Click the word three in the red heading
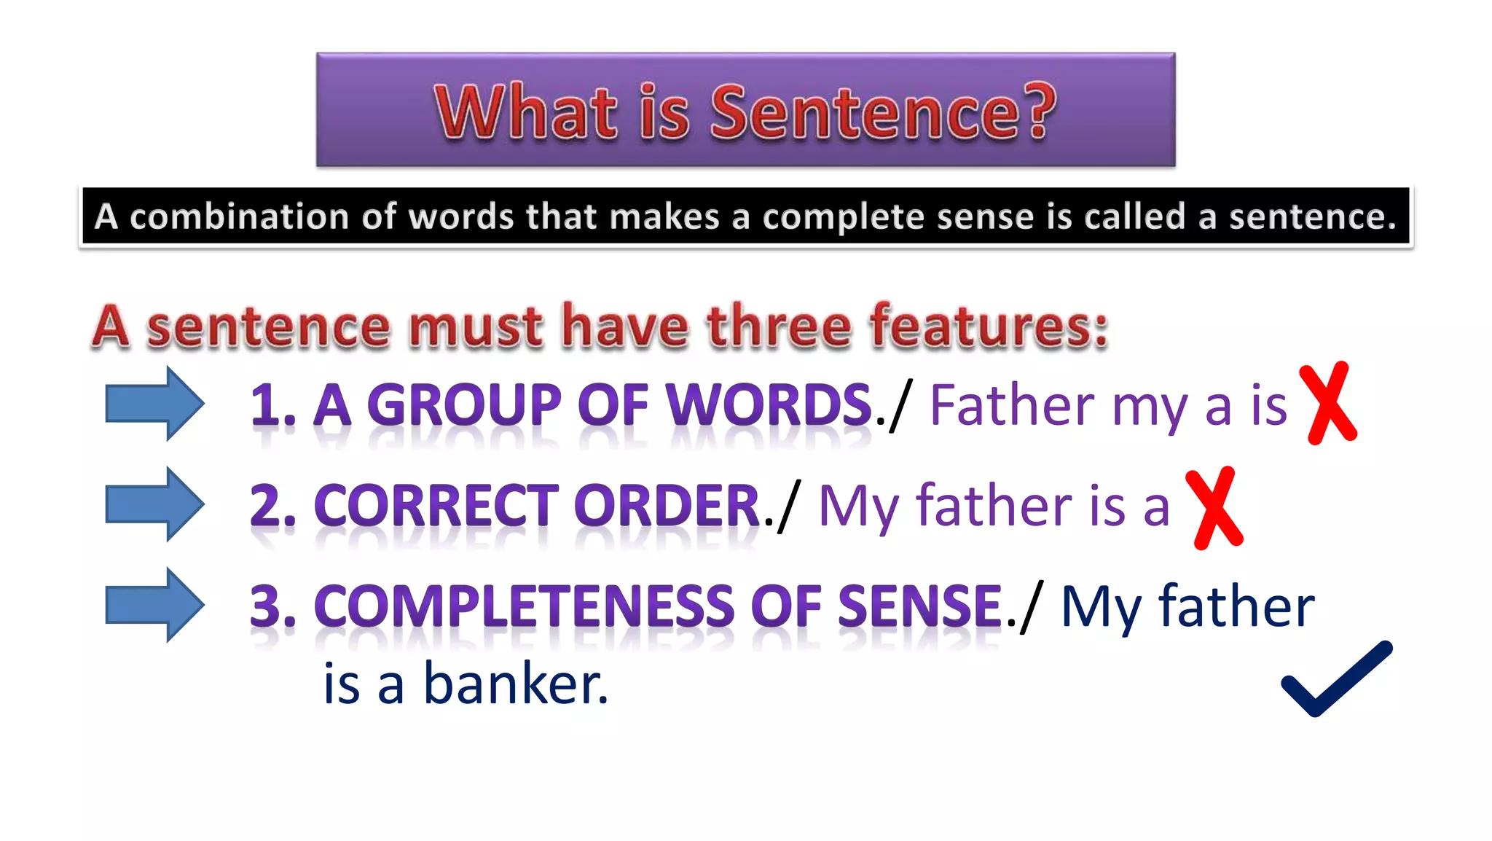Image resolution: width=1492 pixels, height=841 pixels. pos(780,326)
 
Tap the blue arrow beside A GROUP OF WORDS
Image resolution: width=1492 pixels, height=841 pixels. pos(154,403)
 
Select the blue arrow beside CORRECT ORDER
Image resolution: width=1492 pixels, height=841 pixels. pos(154,504)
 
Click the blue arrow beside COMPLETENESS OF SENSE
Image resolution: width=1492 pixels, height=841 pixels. pos(154,604)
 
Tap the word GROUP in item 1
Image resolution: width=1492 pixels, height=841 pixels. pos(464,404)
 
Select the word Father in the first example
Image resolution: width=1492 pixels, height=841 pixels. pos(1013,404)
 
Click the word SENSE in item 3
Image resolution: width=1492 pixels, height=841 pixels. pos(919,606)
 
